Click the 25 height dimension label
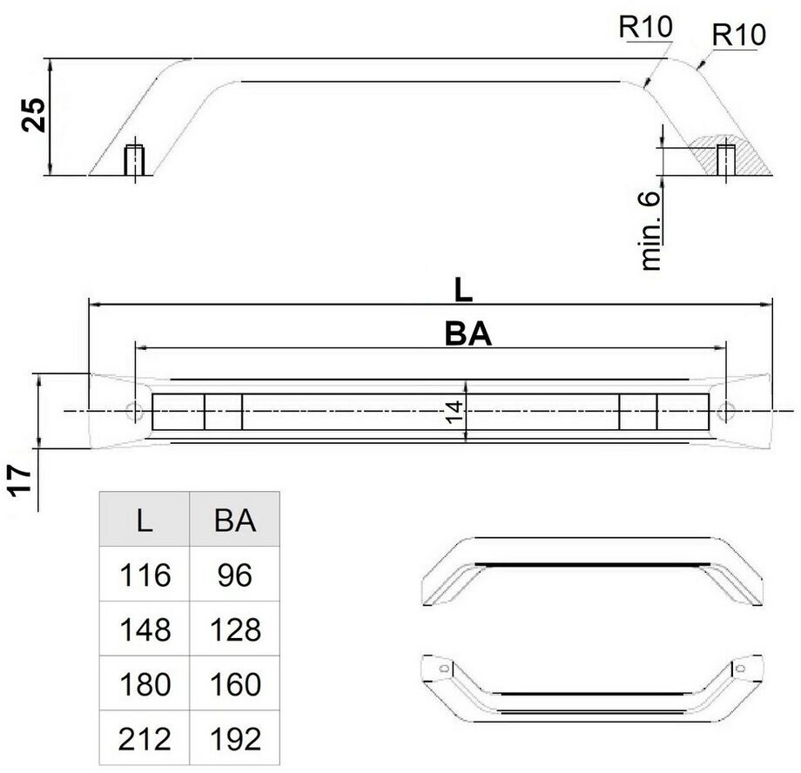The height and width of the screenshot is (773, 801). (34, 114)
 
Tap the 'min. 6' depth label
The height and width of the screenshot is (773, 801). (650, 231)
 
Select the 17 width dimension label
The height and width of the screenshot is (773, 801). (20, 481)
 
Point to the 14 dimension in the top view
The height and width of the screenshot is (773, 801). (454, 412)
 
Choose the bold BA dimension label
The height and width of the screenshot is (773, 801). (468, 334)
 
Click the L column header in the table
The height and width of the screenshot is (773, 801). (145, 520)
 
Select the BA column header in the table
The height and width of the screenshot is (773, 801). (235, 520)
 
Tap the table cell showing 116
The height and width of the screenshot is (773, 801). (145, 575)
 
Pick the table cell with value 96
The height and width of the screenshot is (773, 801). (235, 575)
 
